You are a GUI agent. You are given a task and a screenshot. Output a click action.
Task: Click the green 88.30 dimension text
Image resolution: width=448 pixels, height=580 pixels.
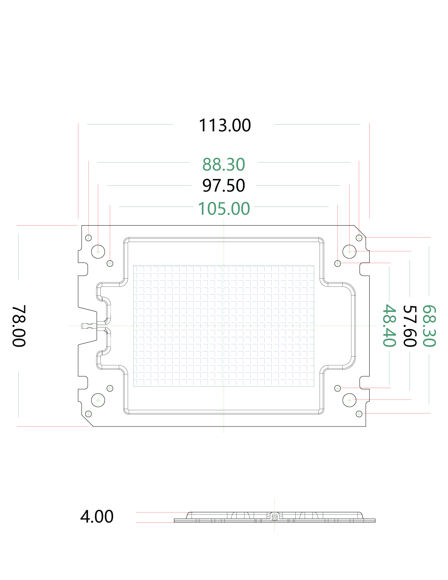point(224,164)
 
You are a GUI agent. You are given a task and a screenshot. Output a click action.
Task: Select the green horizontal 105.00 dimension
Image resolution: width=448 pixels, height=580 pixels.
point(224,208)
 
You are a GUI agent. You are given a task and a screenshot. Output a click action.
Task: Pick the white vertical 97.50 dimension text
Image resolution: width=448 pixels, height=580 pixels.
point(135,273)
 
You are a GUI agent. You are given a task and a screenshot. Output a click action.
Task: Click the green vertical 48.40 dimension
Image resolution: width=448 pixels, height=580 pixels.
point(389,326)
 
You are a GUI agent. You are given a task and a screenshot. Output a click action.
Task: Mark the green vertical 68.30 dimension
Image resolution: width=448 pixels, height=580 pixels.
point(429,326)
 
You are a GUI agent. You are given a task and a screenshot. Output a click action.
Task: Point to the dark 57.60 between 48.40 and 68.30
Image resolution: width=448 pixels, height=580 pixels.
point(410,326)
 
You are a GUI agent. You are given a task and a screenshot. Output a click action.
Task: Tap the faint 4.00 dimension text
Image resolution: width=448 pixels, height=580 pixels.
point(97,517)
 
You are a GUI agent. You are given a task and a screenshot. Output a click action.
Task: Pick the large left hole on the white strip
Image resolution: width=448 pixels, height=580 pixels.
point(98,400)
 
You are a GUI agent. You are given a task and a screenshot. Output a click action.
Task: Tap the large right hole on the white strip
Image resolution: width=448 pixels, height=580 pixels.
point(349,400)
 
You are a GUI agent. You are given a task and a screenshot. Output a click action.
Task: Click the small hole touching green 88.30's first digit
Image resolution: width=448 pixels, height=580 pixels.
point(212,159)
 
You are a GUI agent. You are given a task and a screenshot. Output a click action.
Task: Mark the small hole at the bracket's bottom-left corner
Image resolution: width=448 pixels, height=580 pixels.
point(88,413)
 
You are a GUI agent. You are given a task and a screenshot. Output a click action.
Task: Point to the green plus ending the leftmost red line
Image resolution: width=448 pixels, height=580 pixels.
point(88,238)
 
